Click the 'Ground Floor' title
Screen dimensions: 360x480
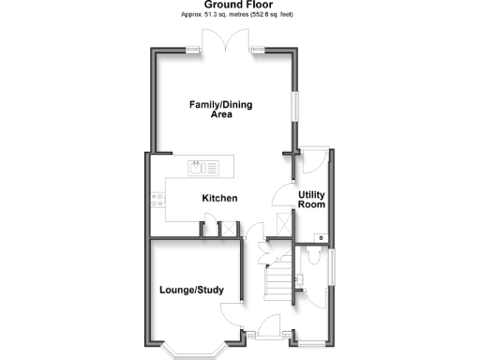[239, 5]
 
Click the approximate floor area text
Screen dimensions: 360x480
[239, 15]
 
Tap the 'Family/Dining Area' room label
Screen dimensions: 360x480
[221, 109]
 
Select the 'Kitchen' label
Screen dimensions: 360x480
[220, 198]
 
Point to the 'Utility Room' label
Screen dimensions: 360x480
[311, 200]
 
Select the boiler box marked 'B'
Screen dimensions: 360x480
[322, 238]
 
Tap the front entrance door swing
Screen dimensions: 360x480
[270, 326]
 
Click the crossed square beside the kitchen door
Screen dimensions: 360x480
[226, 229]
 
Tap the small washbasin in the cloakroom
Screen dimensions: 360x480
[298, 278]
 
